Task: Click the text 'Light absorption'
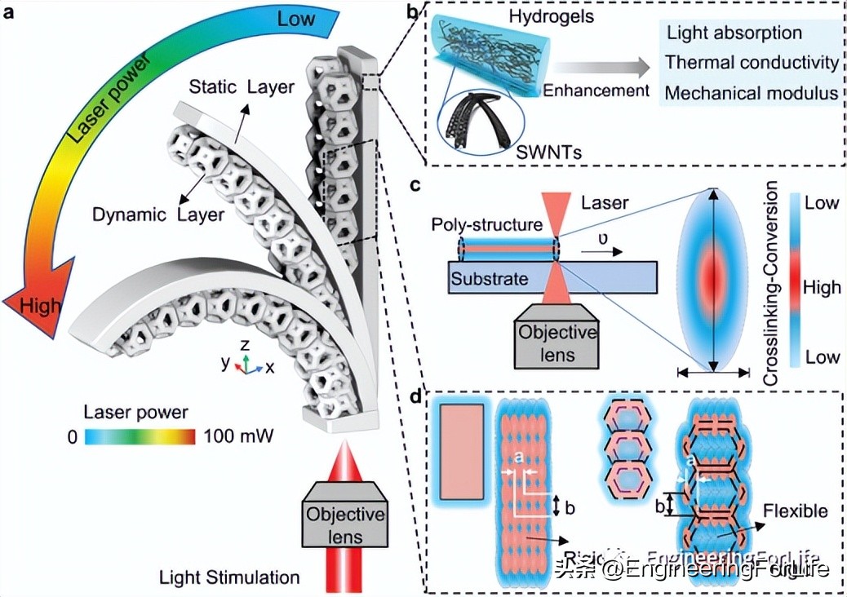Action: (x=734, y=33)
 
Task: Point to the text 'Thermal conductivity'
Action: (x=752, y=63)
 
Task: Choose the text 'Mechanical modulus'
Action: (x=752, y=93)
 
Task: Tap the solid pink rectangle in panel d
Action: (x=462, y=452)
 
